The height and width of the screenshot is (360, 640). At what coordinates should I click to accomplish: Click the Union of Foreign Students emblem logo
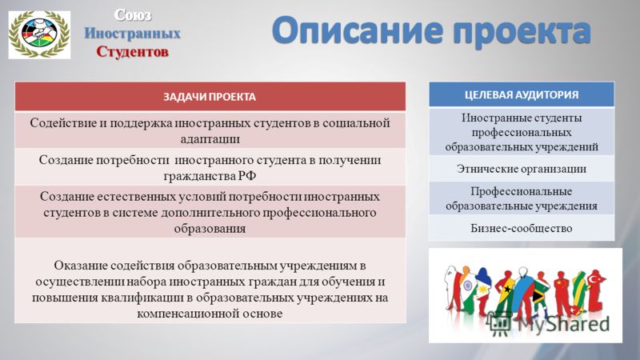39,34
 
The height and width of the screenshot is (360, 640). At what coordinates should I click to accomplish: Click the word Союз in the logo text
133,15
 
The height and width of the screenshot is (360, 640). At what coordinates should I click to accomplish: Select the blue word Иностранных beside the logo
133,33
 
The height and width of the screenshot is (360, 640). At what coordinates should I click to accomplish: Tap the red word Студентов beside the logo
133,52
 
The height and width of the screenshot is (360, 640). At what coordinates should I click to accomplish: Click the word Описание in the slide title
357,30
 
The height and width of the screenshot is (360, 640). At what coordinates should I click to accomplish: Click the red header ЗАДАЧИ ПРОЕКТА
210,97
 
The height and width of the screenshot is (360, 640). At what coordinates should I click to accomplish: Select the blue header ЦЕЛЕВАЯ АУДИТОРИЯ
522,94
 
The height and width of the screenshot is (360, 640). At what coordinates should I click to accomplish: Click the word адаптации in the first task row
210,138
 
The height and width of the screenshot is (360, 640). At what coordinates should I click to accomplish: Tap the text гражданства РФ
210,176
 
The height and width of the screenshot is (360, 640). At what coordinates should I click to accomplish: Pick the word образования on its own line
210,228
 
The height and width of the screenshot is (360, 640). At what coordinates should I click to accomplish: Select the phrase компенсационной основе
210,314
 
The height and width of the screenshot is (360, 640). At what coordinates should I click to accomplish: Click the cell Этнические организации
522,169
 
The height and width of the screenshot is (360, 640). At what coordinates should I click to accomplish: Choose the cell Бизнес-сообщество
522,228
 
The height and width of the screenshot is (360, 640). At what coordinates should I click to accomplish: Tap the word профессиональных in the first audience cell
522,133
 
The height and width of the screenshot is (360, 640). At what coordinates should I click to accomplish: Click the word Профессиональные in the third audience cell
522,191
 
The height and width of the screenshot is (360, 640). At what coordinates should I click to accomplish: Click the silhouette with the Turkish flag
594,290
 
